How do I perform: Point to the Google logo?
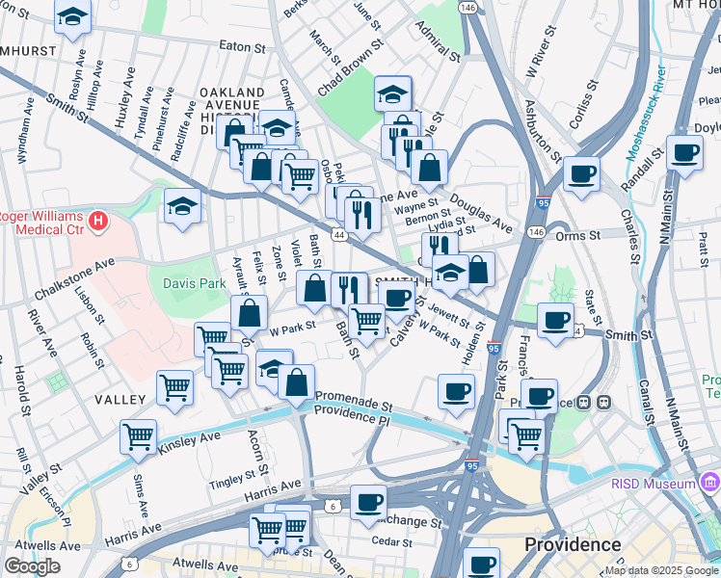[32, 565]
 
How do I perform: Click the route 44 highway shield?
[338, 234]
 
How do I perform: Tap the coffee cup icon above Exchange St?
[368, 501]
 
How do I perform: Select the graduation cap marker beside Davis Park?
[182, 205]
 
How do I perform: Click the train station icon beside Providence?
[604, 402]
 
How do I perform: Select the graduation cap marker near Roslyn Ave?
[72, 17]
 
